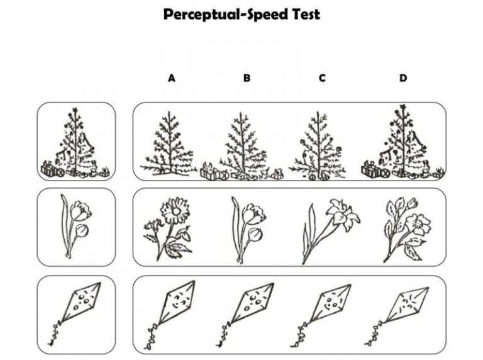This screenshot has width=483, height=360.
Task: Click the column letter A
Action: (x=172, y=78)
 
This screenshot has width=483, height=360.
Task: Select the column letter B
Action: (x=247, y=78)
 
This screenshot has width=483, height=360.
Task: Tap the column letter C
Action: (x=322, y=78)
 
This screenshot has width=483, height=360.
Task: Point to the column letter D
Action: (x=403, y=78)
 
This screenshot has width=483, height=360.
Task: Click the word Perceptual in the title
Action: (x=201, y=15)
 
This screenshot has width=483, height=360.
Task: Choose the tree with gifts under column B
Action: (x=242, y=147)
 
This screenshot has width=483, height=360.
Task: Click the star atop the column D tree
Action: (x=402, y=107)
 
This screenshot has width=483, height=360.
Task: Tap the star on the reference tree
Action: (x=75, y=110)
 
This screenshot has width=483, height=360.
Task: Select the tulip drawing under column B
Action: (x=248, y=230)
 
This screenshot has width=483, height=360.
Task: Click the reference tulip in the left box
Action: (x=75, y=226)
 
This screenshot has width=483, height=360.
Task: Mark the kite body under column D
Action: (x=406, y=305)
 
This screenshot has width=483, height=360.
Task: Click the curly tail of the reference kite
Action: (x=55, y=334)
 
